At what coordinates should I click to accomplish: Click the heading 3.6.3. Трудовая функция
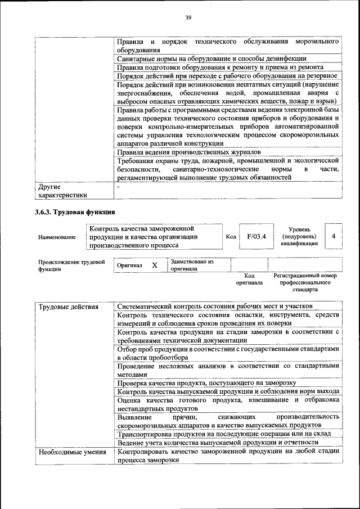pos(75,212)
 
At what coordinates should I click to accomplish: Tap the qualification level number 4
pos(334,236)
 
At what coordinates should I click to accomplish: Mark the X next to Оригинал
pos(154,265)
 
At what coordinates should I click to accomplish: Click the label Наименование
pos(57,237)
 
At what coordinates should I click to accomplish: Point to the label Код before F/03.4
pos(231,237)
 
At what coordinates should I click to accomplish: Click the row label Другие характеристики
pos(62,190)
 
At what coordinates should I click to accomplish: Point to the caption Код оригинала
pos(249,279)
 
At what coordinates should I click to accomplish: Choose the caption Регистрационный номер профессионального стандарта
pos(305,282)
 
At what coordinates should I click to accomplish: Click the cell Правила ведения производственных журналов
pos(189,152)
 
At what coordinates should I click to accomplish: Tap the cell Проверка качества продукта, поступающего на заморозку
pos(202,382)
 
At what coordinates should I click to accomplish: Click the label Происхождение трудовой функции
pos(71,265)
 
